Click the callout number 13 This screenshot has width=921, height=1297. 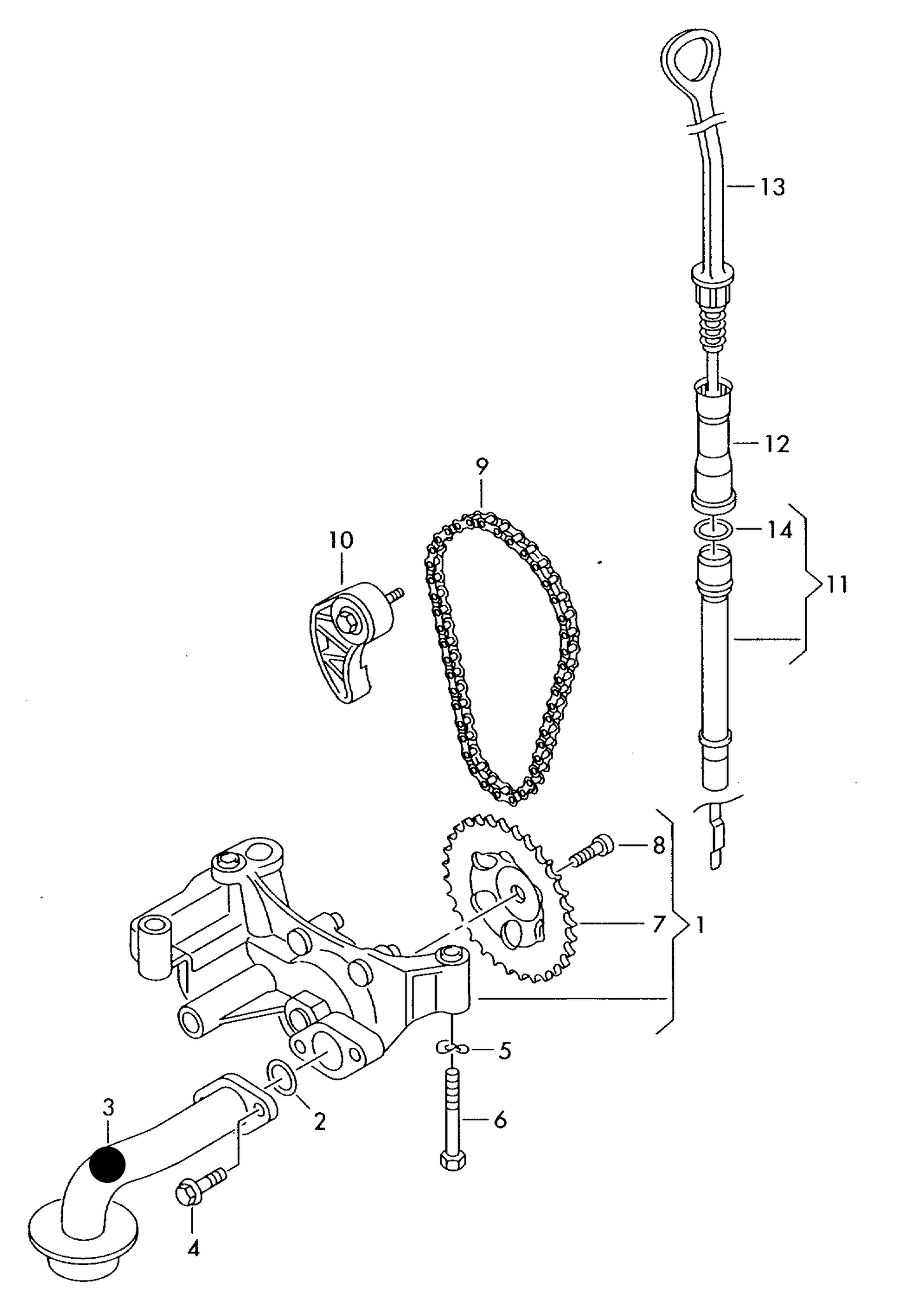pos(772,187)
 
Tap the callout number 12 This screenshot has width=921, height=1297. pos(776,444)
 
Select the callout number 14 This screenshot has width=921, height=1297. pos(779,530)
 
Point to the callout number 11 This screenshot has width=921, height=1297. pos(837,584)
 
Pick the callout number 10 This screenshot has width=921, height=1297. pos(341,540)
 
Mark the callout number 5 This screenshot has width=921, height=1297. pos(504,1050)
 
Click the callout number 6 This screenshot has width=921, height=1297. pos(500,1119)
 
